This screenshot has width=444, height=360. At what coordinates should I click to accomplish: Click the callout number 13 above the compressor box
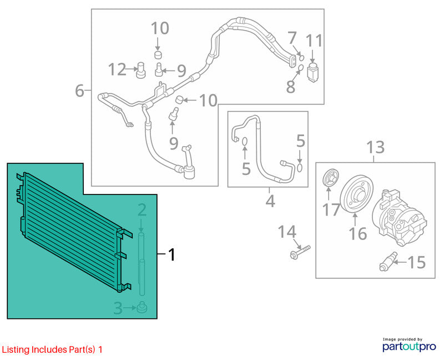(376, 147)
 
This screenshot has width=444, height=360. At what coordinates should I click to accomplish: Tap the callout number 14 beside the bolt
(287, 232)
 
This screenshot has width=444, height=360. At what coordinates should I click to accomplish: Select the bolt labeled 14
(300, 252)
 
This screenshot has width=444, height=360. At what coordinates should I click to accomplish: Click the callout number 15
(416, 262)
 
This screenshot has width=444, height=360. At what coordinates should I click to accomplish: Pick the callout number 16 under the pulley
(358, 233)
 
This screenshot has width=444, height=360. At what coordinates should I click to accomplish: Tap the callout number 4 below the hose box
(270, 201)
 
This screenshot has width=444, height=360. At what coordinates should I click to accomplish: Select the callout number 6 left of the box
(79, 91)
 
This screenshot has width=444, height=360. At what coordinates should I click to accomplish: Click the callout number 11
(314, 41)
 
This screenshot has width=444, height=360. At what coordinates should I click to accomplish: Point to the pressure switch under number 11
(312, 73)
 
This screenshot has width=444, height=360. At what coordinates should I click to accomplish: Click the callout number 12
(118, 69)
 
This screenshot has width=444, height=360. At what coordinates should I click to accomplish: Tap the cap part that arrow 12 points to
(141, 69)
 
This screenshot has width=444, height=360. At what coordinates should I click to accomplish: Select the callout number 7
(292, 38)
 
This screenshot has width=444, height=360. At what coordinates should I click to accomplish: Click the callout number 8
(291, 87)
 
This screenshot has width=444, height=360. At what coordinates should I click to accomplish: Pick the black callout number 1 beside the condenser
(172, 254)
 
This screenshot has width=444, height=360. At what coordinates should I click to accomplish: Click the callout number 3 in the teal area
(118, 308)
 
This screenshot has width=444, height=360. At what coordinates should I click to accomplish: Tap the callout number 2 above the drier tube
(142, 210)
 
